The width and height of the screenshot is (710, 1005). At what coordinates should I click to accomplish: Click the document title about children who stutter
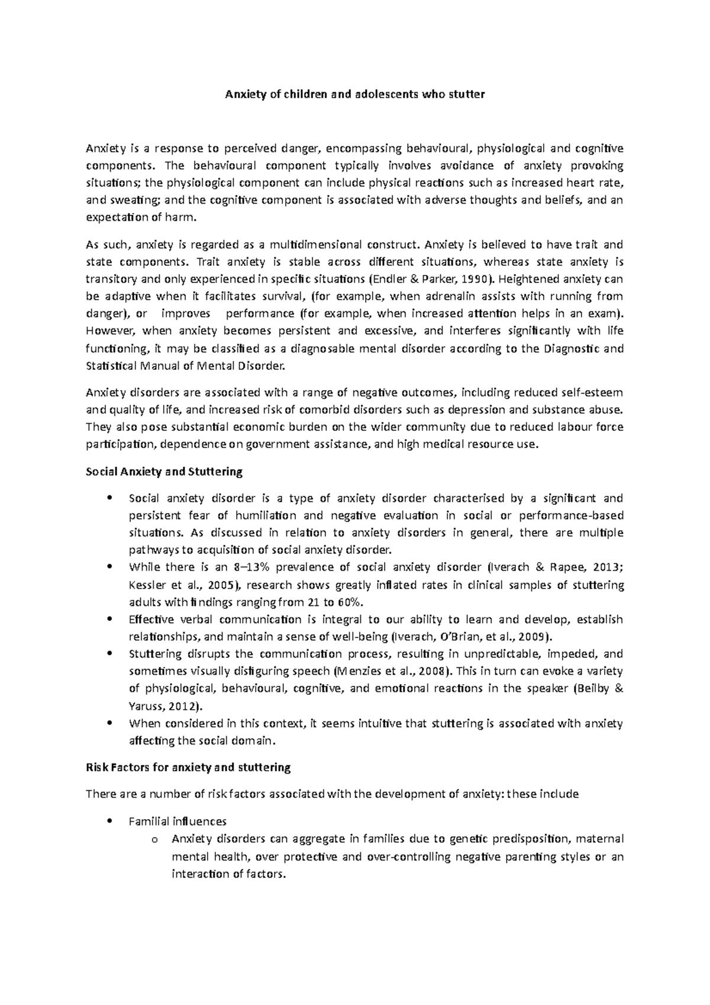point(354,94)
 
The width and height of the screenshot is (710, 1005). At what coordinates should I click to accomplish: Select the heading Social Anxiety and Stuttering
point(164,472)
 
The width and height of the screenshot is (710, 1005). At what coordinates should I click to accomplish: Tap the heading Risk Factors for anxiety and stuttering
point(188,768)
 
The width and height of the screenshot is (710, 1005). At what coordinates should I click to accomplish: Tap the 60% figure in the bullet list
point(349,603)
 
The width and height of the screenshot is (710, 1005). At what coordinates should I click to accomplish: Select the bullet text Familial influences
point(177,822)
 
